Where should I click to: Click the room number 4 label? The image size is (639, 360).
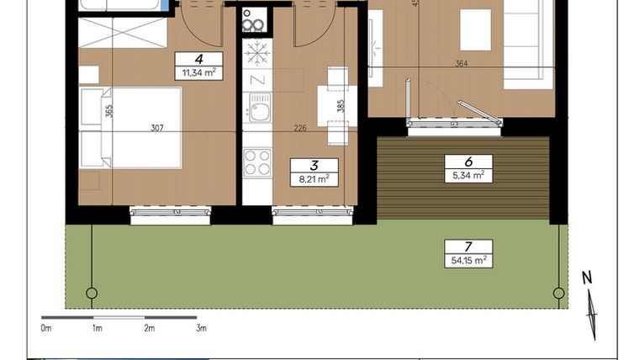198,59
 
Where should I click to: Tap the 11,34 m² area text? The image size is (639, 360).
198,73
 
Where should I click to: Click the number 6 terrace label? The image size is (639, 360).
467,161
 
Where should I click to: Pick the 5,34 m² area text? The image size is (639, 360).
467,175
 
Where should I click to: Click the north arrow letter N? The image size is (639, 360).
588,278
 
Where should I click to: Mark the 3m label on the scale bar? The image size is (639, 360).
201,328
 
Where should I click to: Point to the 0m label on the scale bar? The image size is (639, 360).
46,328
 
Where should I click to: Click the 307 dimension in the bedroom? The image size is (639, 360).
156,128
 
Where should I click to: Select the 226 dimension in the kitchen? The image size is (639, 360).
298,128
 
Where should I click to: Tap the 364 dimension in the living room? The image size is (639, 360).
461,63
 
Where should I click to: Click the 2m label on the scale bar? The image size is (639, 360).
149,328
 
